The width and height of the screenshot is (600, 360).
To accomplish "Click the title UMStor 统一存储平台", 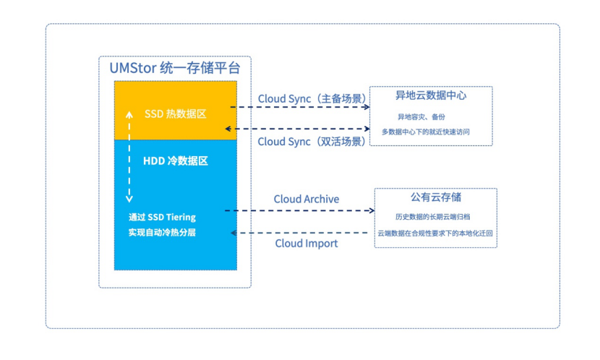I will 174,69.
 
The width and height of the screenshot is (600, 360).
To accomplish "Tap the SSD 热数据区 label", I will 176,113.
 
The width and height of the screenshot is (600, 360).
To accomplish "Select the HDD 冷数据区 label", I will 176,160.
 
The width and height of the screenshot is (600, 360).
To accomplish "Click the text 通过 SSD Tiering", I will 162,217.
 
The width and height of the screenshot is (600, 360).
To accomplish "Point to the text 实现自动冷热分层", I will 162,232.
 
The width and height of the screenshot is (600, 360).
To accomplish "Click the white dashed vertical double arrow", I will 129,155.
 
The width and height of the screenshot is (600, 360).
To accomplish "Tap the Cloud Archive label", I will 306,199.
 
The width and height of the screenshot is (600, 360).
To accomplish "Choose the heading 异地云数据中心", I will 431,95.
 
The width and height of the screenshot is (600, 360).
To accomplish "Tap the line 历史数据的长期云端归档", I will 434,216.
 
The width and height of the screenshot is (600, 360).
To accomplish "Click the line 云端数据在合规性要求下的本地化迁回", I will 435,233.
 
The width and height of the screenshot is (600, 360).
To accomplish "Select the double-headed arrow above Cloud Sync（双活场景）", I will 299,129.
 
